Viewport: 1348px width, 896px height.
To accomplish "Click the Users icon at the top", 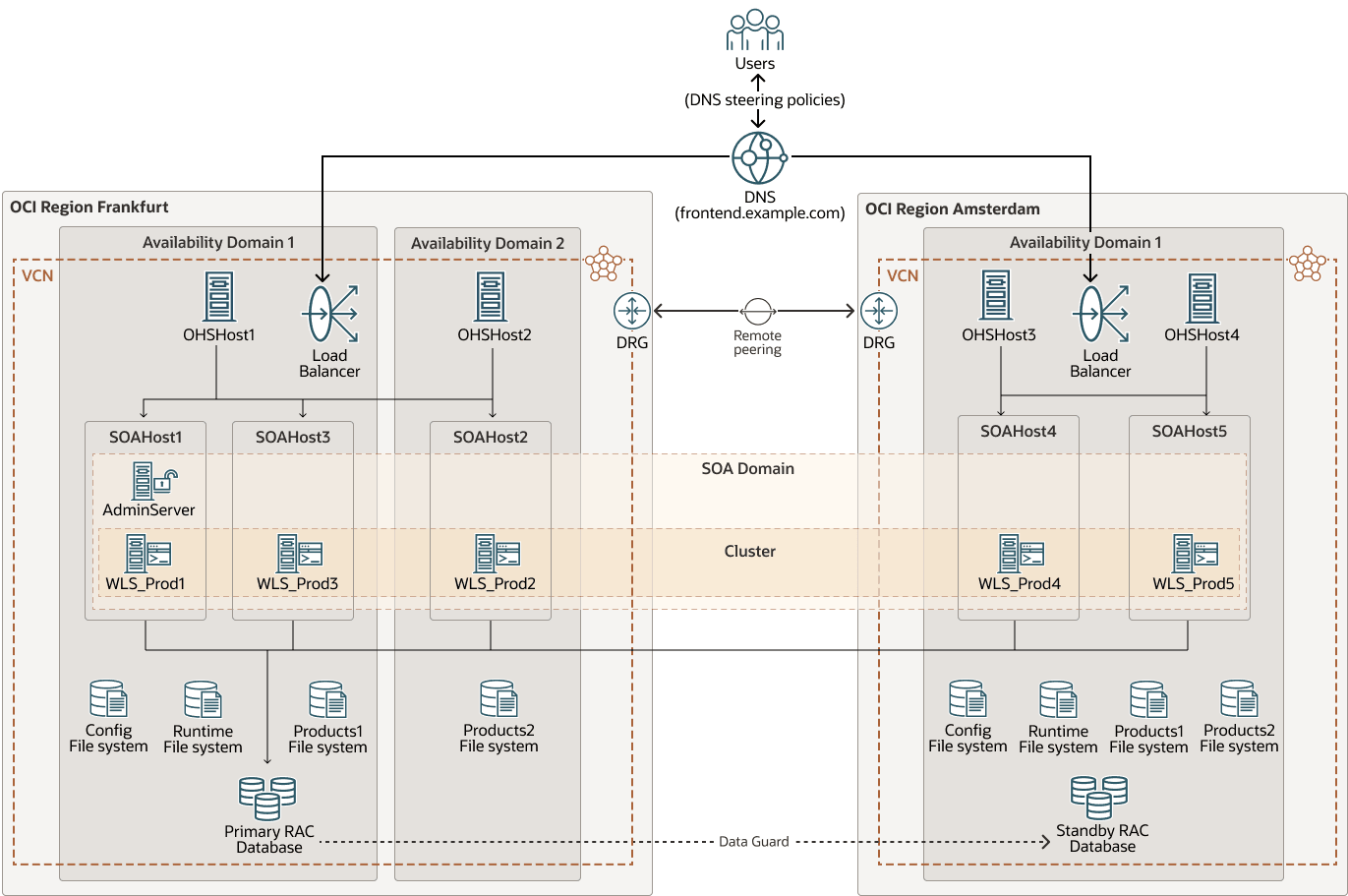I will [x=755, y=30].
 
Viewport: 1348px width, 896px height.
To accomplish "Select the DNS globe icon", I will [x=758, y=157].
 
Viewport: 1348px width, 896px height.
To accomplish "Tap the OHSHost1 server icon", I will [x=218, y=296].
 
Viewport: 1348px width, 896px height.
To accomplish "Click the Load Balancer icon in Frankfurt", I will [x=329, y=314].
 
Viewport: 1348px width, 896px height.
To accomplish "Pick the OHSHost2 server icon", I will [x=491, y=296].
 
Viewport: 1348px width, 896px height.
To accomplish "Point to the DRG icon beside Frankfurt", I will [x=632, y=311].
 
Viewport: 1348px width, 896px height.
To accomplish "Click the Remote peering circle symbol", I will [x=757, y=311].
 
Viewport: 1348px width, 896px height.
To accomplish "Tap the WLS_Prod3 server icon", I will [x=298, y=554].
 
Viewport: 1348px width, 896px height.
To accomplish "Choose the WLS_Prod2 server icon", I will [x=496, y=554].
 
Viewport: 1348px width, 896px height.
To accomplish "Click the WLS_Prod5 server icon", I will [x=1194, y=554].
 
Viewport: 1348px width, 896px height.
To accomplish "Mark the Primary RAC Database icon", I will [x=267, y=798].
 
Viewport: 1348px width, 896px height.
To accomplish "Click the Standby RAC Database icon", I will [x=1099, y=797].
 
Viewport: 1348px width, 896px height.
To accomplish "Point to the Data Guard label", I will [x=753, y=842].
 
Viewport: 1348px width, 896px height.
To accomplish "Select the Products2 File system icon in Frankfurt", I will [x=498, y=698].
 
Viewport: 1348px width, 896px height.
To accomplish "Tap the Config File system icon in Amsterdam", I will [x=967, y=698].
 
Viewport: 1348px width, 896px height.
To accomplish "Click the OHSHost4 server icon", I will [x=1201, y=297].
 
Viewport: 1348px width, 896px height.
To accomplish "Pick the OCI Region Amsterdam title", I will [x=952, y=209].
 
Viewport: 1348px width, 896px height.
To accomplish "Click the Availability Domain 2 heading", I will [x=488, y=243].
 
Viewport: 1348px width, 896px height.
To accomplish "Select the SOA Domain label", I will [x=747, y=469].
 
